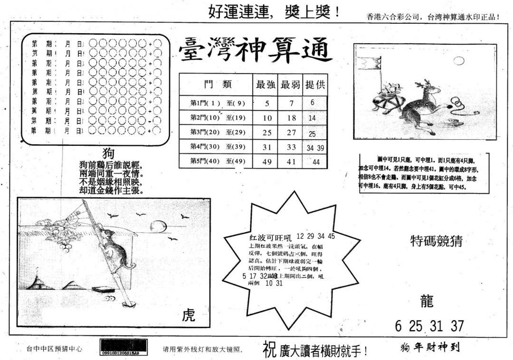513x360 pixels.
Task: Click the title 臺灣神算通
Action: pos(256,52)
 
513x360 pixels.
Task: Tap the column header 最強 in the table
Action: pos(266,85)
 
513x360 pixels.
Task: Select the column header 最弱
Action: pos(291,85)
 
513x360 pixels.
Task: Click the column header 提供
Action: pos(315,85)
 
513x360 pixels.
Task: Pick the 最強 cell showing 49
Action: pos(267,162)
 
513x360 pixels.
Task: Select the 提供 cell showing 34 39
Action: pos(315,148)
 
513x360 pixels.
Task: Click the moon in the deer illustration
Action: pos(458,60)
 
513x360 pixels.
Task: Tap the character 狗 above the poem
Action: pos(109,153)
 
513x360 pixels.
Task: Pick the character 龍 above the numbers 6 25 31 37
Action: pos(427,300)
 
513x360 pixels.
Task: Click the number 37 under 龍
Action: pos(456,326)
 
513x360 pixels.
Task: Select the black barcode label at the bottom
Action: pos(123,347)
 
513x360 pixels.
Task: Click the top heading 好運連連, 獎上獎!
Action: pos(274,12)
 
